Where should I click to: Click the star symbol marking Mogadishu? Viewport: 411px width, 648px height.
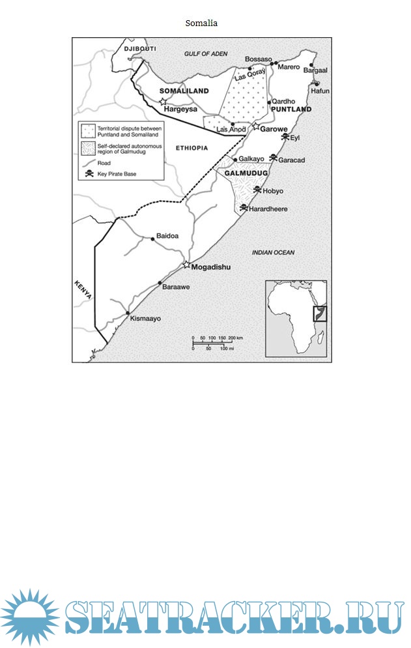(186, 265)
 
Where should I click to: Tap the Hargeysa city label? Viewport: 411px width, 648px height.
(180, 109)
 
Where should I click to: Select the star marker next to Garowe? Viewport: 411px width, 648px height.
(256, 126)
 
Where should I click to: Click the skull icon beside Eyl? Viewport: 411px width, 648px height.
(285, 136)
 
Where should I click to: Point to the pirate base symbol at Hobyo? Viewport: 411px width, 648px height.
(257, 190)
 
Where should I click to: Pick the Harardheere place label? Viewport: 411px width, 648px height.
(268, 209)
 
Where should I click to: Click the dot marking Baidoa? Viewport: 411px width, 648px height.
(152, 239)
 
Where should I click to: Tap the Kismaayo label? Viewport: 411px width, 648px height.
(145, 319)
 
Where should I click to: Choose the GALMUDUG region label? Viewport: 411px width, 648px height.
(246, 173)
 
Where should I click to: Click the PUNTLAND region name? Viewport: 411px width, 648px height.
(291, 109)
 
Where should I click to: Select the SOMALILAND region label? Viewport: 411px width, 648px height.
(184, 91)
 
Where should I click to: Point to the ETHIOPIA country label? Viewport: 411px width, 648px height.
(191, 148)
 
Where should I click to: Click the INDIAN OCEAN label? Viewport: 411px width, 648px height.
(273, 252)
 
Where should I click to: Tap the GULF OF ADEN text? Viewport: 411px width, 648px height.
(206, 53)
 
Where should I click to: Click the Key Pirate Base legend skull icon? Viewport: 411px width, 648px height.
(89, 173)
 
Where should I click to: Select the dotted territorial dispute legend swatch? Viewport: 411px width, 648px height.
(87, 131)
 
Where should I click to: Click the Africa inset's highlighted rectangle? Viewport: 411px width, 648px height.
(320, 314)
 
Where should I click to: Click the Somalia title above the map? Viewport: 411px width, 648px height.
(201, 23)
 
